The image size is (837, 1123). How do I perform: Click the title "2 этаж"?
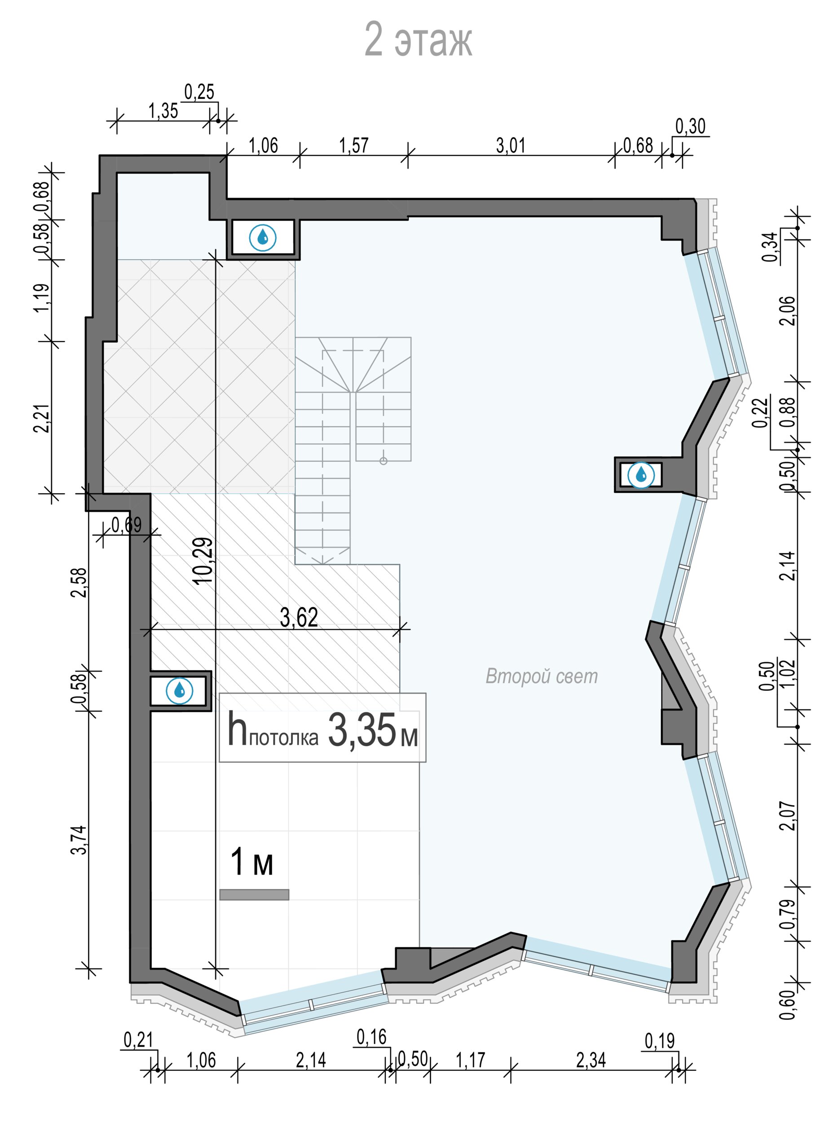418,40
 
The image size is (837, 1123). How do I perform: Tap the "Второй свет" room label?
542,676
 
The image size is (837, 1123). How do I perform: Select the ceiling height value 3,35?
362,730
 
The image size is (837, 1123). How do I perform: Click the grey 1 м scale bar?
254,894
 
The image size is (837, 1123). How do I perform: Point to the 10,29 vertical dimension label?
204,561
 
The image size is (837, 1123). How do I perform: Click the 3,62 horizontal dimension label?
299,617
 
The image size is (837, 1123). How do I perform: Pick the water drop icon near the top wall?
262,237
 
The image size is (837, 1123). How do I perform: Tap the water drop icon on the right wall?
641,475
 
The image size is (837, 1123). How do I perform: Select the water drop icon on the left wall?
179,690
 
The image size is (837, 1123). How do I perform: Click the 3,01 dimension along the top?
511,146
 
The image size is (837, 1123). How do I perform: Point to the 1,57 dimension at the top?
354,146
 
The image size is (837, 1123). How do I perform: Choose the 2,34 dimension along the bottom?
591,1060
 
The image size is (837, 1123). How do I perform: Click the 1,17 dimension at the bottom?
470,1060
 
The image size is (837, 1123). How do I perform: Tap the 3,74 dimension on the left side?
80,840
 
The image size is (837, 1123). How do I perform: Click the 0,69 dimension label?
127,525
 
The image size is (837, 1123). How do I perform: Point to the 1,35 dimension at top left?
163,111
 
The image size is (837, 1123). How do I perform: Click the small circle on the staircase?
383,460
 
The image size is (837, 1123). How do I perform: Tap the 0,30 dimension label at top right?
691,126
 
